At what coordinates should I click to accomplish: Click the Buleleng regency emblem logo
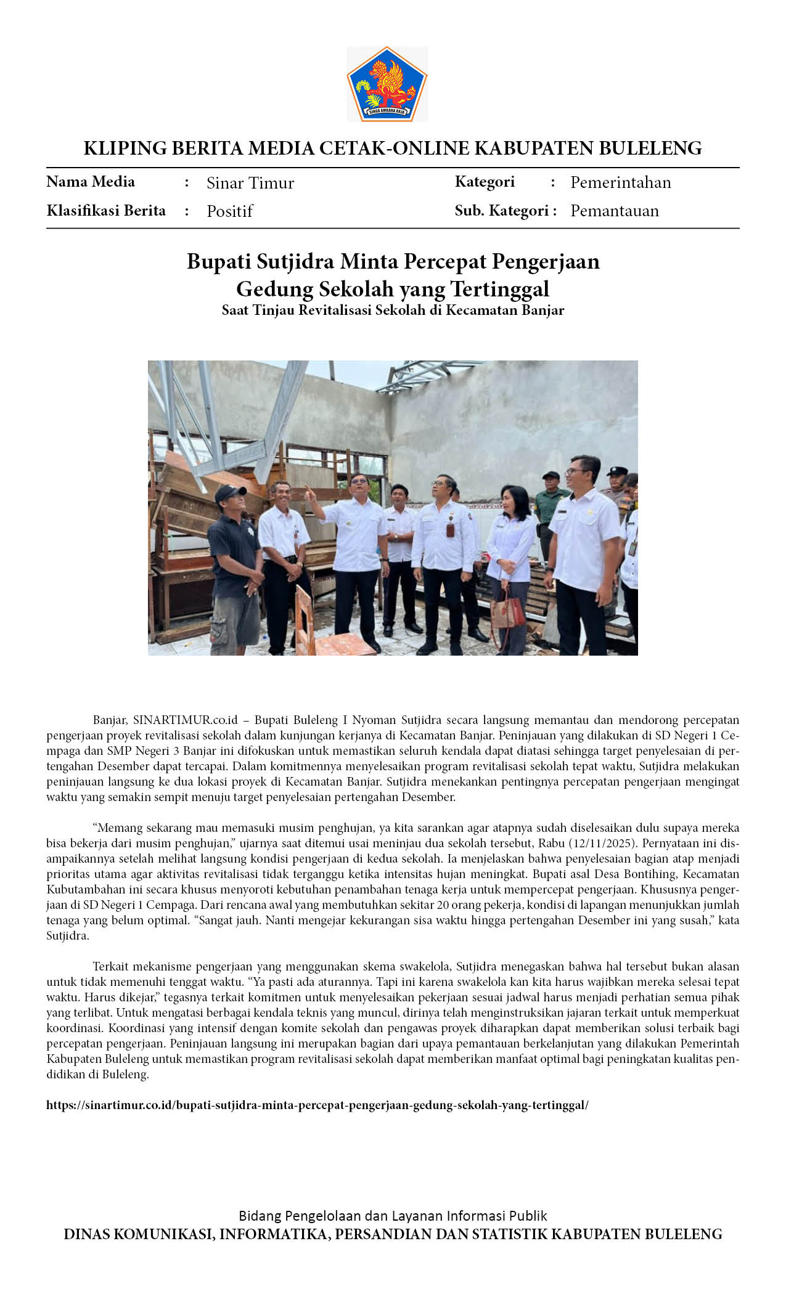tap(387, 84)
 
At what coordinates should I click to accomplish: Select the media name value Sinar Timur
tap(250, 183)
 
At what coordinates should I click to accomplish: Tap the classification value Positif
tap(229, 211)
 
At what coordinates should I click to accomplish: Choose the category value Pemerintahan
tap(620, 182)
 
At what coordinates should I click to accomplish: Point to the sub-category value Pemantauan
tap(614, 211)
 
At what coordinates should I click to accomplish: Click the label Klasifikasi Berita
tap(106, 211)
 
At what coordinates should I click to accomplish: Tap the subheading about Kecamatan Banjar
tap(393, 310)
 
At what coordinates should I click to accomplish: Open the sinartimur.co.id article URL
tap(317, 1105)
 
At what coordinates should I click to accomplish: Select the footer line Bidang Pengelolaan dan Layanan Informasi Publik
tap(393, 1216)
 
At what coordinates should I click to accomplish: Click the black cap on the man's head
tap(229, 492)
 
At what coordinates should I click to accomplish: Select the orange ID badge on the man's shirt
tap(451, 530)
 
